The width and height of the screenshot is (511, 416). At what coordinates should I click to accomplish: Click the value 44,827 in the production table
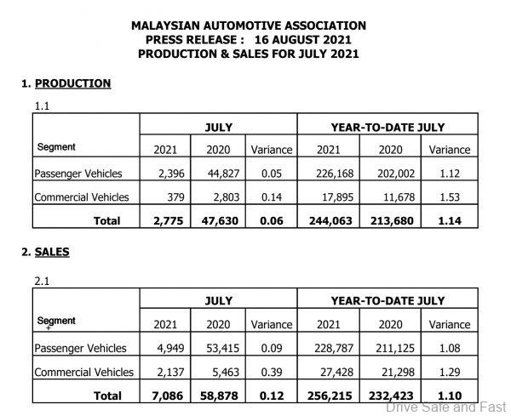click(x=224, y=174)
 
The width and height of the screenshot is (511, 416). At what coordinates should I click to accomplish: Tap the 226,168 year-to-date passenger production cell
click(x=324, y=174)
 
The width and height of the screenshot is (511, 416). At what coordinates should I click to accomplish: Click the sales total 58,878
click(x=224, y=395)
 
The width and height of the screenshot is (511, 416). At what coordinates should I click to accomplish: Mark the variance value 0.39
click(x=272, y=372)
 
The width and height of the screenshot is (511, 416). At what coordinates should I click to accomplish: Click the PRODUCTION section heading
click(x=72, y=83)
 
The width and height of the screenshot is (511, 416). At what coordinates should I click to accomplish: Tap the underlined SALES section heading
click(x=52, y=252)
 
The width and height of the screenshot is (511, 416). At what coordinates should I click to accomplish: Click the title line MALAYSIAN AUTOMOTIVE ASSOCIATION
click(x=249, y=26)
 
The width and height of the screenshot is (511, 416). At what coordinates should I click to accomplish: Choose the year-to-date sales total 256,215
click(x=324, y=395)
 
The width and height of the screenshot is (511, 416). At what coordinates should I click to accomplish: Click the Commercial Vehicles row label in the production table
click(x=82, y=197)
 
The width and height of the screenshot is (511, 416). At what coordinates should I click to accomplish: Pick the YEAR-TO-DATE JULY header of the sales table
click(x=388, y=300)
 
